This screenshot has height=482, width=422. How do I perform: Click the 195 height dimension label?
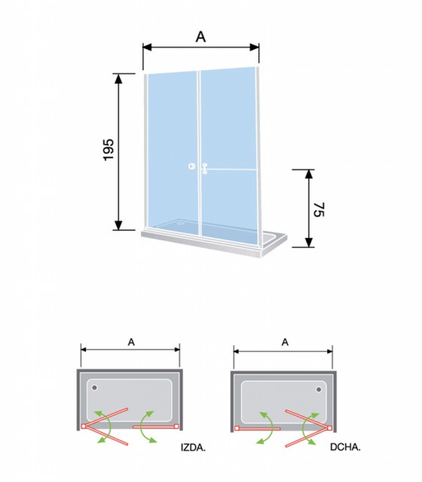(x=109, y=150)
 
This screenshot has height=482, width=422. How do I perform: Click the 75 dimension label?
(x=319, y=209)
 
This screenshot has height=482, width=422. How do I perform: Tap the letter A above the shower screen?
(x=200, y=37)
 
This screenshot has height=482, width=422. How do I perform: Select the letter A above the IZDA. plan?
(x=131, y=342)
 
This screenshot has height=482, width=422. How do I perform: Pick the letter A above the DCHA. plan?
(x=285, y=342)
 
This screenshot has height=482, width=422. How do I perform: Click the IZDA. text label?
(x=193, y=448)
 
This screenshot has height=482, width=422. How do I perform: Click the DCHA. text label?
(x=345, y=447)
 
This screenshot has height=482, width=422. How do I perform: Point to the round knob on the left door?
(x=192, y=166)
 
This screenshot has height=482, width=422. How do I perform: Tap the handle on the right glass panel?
(x=204, y=169)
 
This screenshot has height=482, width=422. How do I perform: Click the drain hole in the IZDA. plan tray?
(x=94, y=388)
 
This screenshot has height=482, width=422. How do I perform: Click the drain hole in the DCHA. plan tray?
(x=319, y=389)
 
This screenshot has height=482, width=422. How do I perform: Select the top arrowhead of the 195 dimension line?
(x=118, y=78)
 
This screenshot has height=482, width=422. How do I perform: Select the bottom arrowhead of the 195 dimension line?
(x=118, y=224)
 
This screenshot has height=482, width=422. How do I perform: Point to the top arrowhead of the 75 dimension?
(x=309, y=174)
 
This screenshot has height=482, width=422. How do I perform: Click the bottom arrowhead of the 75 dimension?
(x=309, y=242)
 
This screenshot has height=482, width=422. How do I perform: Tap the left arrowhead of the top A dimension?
(x=148, y=47)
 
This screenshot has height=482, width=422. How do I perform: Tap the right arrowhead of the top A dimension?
(x=255, y=47)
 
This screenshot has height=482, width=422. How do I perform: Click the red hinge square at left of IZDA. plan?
(x=84, y=426)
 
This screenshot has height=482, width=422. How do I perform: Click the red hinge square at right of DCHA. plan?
(x=330, y=428)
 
